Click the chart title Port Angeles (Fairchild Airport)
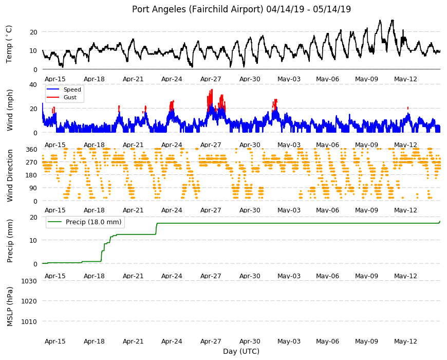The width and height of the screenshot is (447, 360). (x=197, y=9)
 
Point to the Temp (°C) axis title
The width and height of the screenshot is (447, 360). (x=9, y=44)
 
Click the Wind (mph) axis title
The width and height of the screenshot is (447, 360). (x=10, y=110)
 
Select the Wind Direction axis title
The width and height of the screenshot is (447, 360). (x=10, y=176)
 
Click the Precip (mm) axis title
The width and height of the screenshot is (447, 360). (x=10, y=241)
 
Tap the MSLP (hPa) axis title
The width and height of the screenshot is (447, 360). (x=10, y=306)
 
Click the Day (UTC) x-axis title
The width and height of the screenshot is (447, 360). (x=241, y=351)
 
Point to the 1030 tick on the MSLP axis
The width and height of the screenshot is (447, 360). (x=29, y=281)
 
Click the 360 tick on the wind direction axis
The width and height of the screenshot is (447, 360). (x=32, y=150)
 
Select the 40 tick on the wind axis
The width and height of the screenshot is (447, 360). (x=33, y=84)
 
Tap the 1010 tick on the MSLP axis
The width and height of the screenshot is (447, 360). (x=29, y=322)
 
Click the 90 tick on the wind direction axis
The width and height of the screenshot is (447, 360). (x=33, y=188)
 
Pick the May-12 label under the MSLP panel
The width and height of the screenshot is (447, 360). (x=405, y=341)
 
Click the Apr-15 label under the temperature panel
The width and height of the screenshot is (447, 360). (x=55, y=79)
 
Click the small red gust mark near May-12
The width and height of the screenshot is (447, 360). (x=408, y=108)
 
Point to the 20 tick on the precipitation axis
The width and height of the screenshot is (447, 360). (x=33, y=218)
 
